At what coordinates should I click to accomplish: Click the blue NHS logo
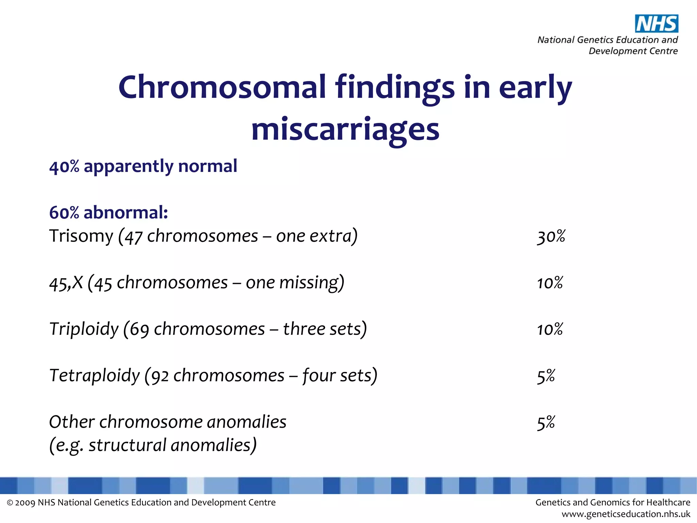(x=657, y=24)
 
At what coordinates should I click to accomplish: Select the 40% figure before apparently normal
(x=64, y=167)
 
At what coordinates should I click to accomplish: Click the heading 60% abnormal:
(x=109, y=213)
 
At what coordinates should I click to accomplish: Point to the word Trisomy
(x=81, y=236)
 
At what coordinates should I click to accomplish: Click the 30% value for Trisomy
(x=551, y=236)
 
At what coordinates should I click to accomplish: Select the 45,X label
(x=66, y=283)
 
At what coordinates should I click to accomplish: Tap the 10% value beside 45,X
(x=550, y=283)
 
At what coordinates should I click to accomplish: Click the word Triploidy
(x=84, y=329)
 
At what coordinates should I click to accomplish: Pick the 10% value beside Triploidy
(x=550, y=329)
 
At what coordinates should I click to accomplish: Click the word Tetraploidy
(x=94, y=376)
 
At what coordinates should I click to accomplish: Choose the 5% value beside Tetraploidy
(x=546, y=376)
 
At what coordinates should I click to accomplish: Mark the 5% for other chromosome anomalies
(x=546, y=423)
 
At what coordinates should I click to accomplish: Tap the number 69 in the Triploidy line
(x=139, y=330)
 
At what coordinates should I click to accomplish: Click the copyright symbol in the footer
(x=10, y=503)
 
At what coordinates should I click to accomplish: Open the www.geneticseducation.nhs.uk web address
(x=626, y=514)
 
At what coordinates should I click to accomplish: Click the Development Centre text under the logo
(x=633, y=51)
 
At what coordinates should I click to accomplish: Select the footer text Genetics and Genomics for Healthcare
(x=613, y=503)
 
